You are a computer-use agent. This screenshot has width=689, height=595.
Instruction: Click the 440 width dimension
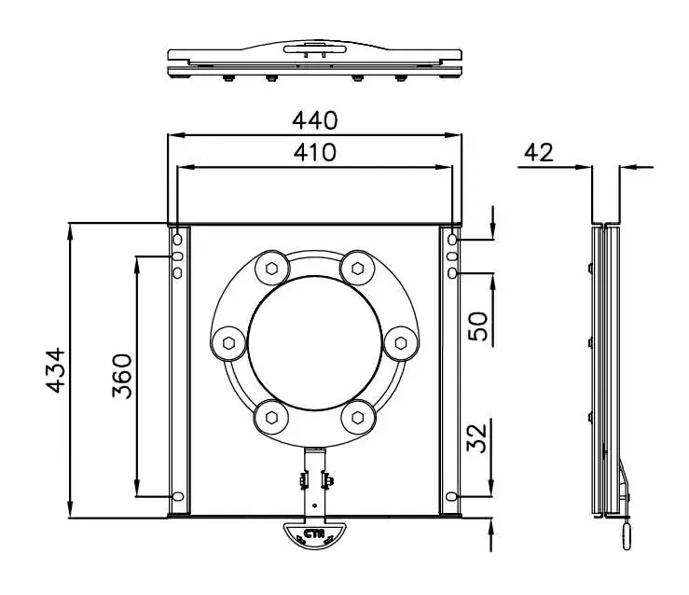[315, 120]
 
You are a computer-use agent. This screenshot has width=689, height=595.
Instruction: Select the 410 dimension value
[315, 153]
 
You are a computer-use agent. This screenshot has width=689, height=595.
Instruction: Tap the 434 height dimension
[56, 370]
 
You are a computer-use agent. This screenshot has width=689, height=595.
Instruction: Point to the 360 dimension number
[122, 376]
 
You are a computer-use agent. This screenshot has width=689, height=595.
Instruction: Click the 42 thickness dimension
[538, 153]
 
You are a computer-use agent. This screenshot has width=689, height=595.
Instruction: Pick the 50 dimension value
[478, 326]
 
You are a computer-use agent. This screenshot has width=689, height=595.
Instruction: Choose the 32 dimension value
[477, 437]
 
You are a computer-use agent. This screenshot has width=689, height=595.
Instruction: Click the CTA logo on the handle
[314, 534]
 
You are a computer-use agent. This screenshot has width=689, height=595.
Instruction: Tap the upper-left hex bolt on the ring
[271, 268]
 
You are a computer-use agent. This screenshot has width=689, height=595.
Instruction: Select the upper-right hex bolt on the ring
[358, 268]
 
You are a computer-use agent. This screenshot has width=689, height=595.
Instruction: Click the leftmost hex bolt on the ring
[228, 343]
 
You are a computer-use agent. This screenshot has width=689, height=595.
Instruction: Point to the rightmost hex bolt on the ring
[401, 343]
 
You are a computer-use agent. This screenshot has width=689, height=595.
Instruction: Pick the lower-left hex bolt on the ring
[271, 417]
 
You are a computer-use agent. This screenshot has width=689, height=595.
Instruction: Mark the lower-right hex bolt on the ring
[358, 417]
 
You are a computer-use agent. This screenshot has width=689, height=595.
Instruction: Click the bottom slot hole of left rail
[178, 496]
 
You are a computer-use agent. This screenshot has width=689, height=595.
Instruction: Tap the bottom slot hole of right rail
[451, 496]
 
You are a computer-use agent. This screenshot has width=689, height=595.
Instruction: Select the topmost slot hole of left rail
[177, 240]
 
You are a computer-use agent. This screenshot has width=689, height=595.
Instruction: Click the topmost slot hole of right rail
[452, 240]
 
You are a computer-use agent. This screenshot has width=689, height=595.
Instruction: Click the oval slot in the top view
[314, 49]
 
